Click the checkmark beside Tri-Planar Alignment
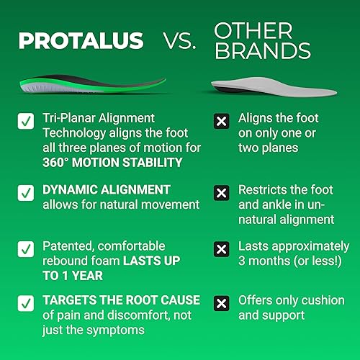26,121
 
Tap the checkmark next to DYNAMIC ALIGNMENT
26,192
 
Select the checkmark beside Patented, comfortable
26,249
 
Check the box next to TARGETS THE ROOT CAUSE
26,302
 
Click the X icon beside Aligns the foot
222,121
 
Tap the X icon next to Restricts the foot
222,192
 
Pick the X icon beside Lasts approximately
222,249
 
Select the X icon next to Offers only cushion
222,302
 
